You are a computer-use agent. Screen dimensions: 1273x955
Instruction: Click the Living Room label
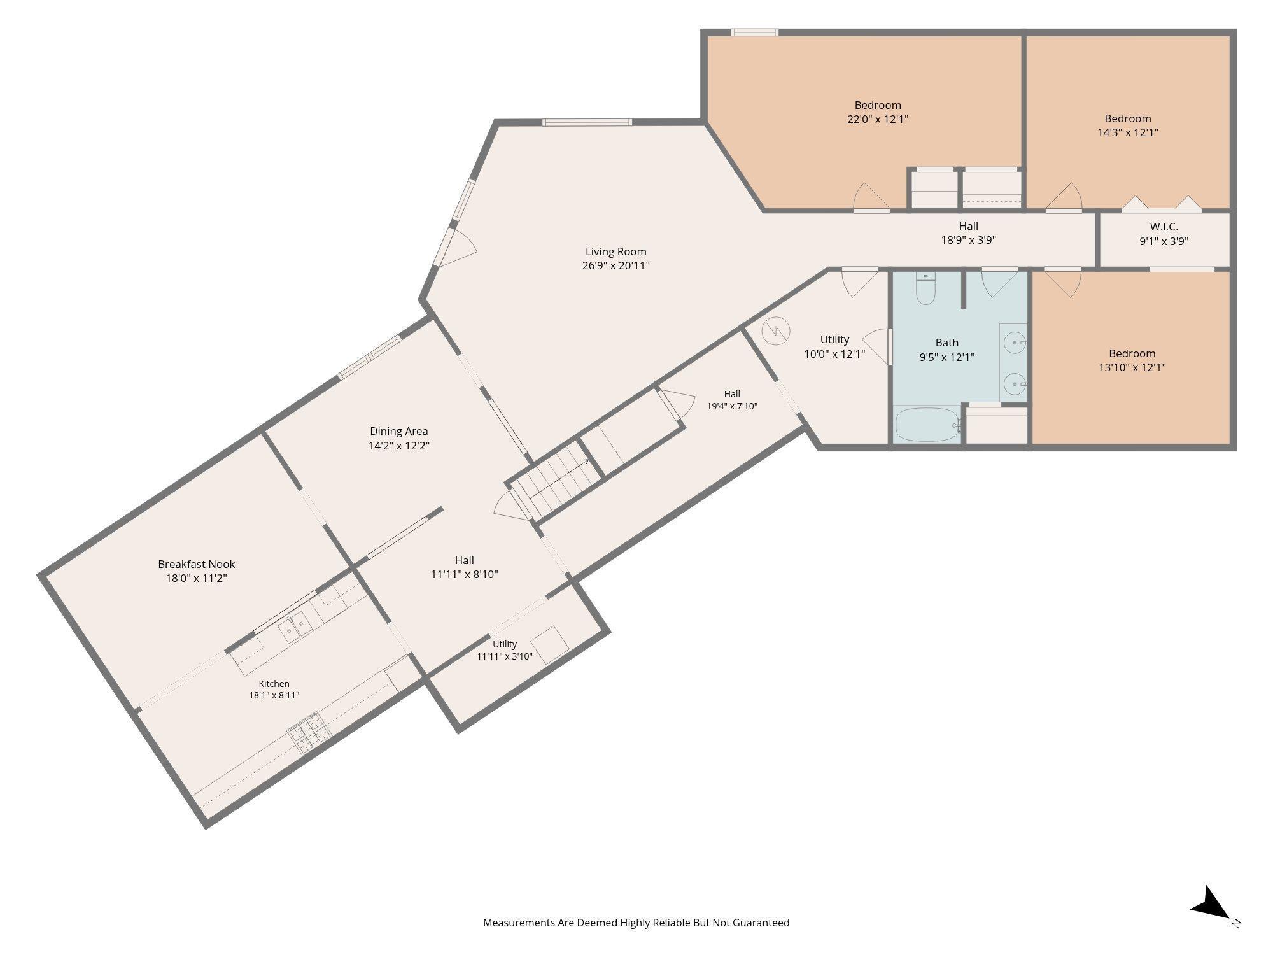[x=615, y=251]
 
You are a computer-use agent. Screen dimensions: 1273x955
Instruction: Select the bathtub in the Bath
[x=927, y=425]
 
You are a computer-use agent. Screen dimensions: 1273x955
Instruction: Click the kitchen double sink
[x=294, y=627]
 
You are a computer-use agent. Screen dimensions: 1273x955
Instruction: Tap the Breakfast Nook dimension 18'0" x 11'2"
[x=196, y=578]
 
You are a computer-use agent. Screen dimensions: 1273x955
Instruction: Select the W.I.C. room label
[x=1164, y=227]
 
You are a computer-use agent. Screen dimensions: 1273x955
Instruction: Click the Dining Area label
[x=399, y=431]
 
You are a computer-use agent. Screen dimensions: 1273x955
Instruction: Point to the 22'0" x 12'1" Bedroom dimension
[x=878, y=119]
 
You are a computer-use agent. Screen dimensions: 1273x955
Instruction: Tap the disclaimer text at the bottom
[x=636, y=923]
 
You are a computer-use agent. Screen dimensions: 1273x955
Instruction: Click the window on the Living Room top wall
[x=587, y=122]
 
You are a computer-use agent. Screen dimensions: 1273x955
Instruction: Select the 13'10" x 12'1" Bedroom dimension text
[x=1132, y=367]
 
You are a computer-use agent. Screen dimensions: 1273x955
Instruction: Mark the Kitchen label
[x=274, y=684]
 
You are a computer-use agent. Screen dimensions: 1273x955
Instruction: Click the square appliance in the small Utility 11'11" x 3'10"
[x=551, y=644]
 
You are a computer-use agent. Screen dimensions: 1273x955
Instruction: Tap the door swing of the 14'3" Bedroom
[x=1064, y=196]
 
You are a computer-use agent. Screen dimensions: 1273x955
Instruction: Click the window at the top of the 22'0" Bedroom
[x=754, y=32]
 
